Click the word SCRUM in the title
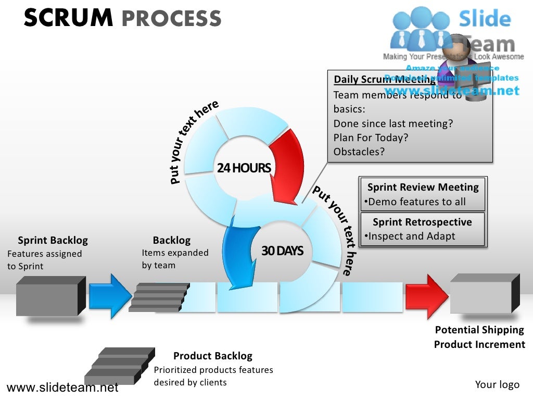click(68, 18)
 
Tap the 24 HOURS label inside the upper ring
click(244, 168)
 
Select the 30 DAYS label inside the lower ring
click(282, 251)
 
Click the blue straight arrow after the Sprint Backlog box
click(110, 296)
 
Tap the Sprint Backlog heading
click(53, 240)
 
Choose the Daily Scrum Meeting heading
click(384, 79)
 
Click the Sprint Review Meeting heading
click(423, 187)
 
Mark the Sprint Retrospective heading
click(422, 222)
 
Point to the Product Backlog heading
click(212, 356)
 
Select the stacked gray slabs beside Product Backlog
click(119, 365)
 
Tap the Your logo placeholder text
click(497, 384)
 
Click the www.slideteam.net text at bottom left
click(62, 387)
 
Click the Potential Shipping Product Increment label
click(479, 337)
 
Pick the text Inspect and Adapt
click(411, 236)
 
